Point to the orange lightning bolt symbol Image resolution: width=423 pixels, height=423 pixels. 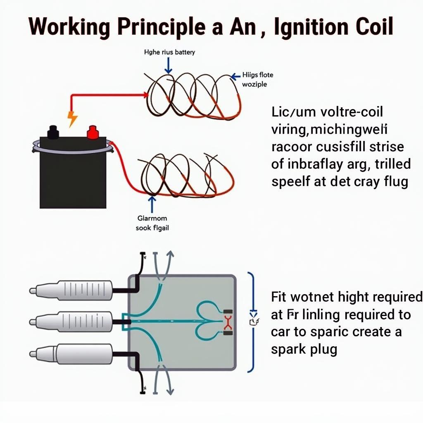(x=72, y=119)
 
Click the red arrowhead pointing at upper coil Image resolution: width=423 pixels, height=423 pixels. (x=145, y=95)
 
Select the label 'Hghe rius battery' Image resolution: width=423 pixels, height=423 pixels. (x=169, y=52)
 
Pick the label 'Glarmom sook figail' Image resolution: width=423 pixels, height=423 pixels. (x=152, y=223)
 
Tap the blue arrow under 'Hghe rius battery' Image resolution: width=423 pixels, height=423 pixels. (x=169, y=66)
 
